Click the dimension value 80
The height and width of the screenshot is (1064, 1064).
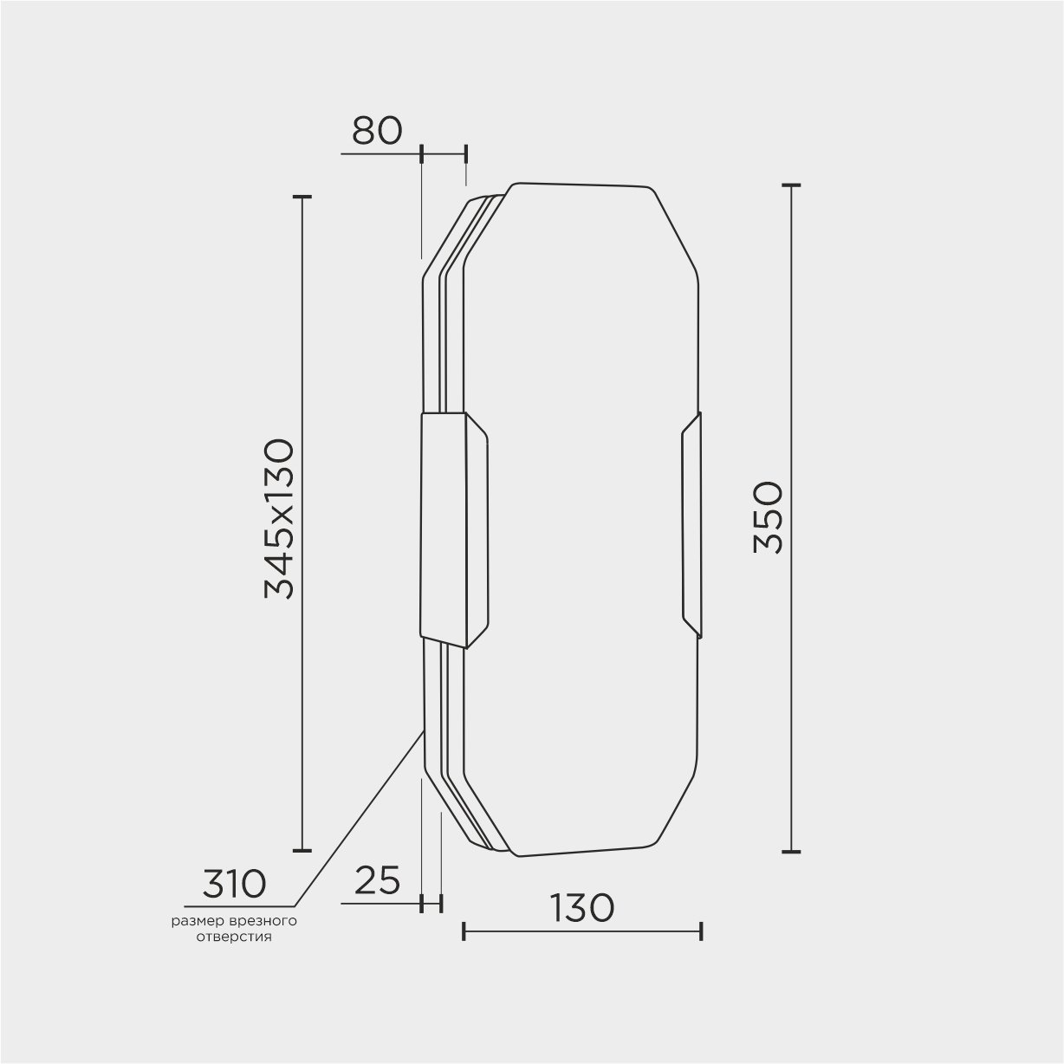point(377,131)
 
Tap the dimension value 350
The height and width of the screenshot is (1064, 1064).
point(768,517)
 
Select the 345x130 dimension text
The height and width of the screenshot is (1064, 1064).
point(279,518)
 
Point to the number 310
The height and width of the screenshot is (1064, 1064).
point(234,884)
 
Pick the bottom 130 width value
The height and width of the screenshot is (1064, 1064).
point(582,908)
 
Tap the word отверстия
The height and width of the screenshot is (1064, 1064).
point(234,937)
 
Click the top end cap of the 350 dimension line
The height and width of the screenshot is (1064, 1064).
point(791,185)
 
